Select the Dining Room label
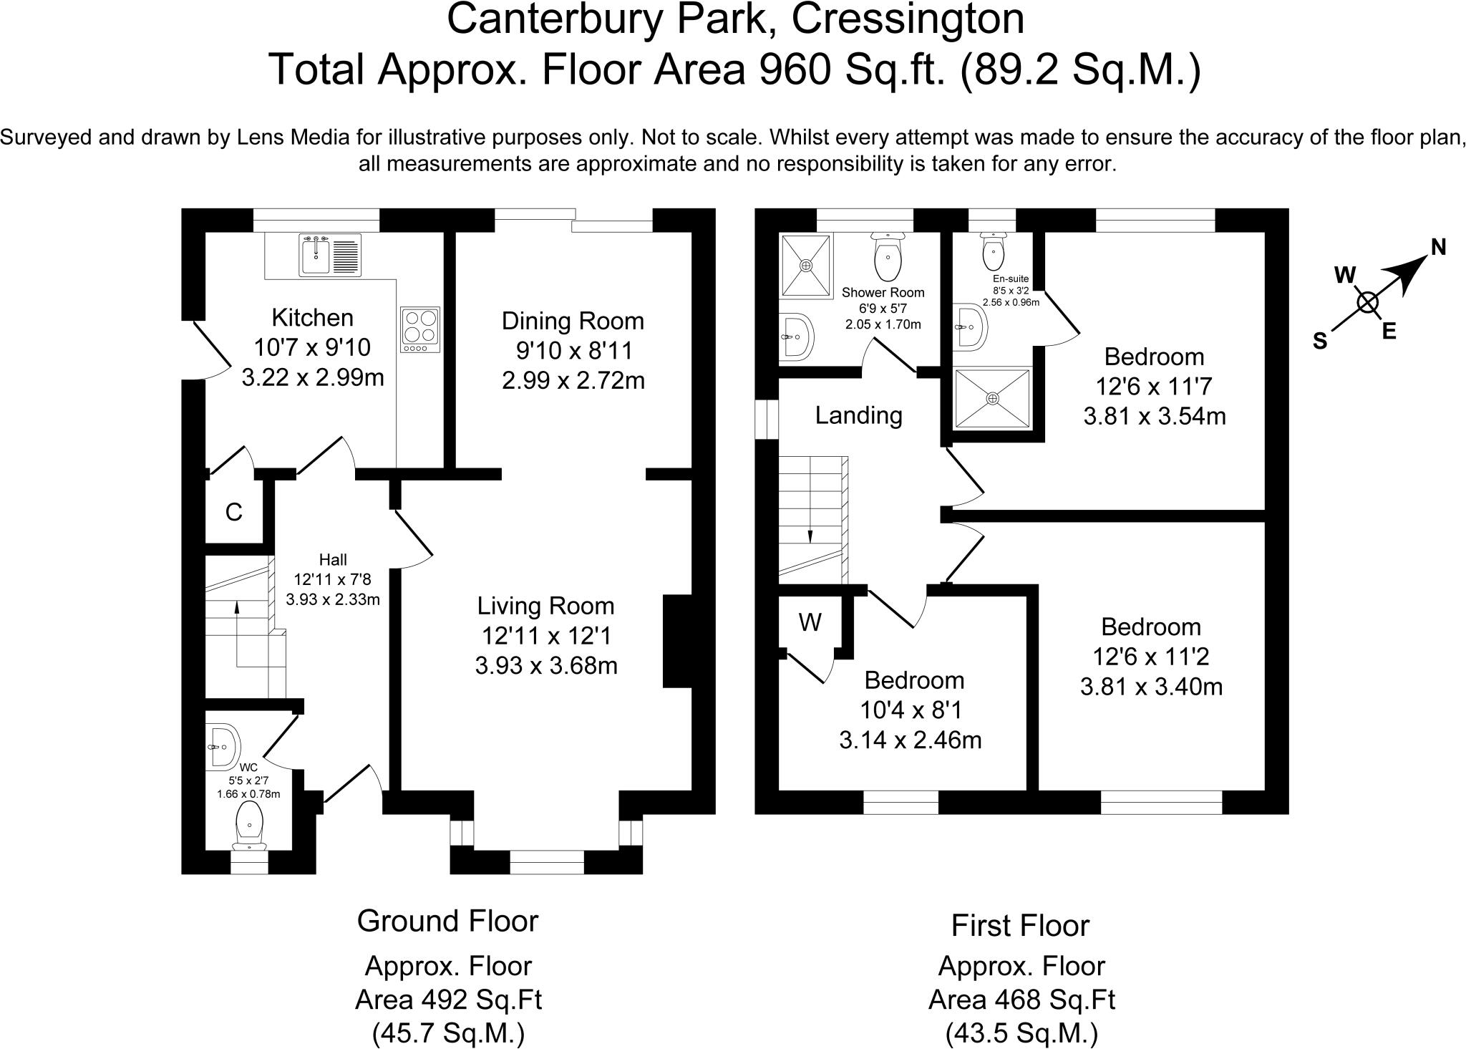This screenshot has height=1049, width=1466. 573,321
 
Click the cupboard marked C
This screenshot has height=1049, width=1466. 233,512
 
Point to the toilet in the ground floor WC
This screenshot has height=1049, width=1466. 249,823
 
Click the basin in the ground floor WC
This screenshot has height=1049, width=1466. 223,747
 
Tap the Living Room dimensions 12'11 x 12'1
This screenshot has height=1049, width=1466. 545,636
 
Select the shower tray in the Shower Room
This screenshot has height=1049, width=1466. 807,265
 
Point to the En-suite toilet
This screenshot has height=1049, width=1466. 993,251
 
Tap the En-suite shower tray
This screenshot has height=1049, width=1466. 992,398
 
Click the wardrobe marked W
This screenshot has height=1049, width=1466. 810,623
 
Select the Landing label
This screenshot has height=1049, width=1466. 858,415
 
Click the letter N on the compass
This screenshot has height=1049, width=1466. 1438,247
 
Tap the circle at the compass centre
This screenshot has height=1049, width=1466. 1367,303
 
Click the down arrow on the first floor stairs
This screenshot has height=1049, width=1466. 810,535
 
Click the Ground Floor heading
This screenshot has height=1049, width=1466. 447,921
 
